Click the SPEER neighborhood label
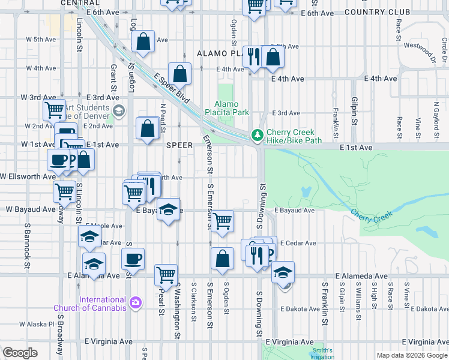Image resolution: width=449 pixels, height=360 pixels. coord(179,145)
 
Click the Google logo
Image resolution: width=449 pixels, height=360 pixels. coord(20,353)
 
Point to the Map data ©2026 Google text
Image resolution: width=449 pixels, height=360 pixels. coord(411,355)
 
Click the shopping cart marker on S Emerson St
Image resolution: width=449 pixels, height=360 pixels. coord(223,220)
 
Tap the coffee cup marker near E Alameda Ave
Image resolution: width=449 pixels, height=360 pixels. coord(133,259)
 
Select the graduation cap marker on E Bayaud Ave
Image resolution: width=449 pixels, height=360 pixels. coord(169,209)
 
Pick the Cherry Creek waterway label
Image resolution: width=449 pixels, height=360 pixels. coord(370,214)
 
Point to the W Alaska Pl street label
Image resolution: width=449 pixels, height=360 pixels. coord(37,324)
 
